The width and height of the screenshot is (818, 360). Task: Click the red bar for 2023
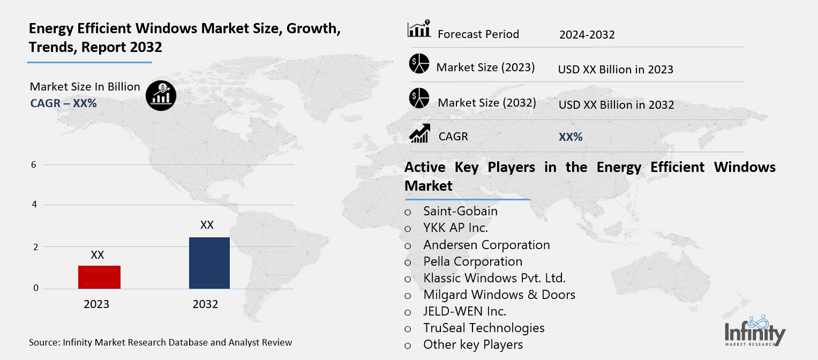(x=99, y=277)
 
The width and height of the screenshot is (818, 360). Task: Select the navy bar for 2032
(x=209, y=262)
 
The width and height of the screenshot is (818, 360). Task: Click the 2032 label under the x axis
(x=205, y=304)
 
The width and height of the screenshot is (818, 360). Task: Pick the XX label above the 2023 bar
(x=97, y=255)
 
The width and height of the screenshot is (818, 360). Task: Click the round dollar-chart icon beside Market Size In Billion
(x=161, y=96)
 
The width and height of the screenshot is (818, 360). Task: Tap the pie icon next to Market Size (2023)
(x=419, y=64)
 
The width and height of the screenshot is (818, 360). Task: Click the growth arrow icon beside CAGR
(x=419, y=133)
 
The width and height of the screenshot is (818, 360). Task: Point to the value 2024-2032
(x=587, y=35)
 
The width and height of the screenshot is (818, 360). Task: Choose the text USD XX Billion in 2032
(x=616, y=105)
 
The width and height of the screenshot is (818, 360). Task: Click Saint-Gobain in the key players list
(x=460, y=211)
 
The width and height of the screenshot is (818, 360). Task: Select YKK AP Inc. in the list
(x=455, y=228)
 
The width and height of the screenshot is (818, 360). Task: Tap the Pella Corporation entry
(x=472, y=261)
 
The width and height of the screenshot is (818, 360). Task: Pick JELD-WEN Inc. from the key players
(x=464, y=311)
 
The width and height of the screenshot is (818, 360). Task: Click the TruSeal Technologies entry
(x=484, y=328)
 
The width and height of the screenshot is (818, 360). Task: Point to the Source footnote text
(x=161, y=342)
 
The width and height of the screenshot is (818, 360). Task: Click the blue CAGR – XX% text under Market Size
(x=63, y=103)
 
